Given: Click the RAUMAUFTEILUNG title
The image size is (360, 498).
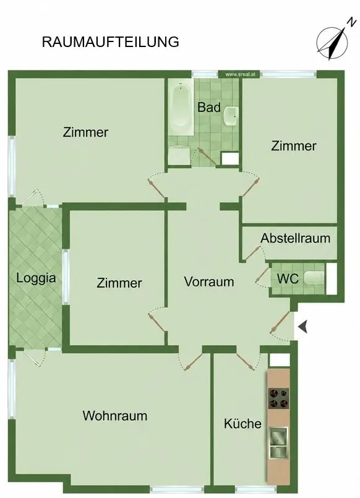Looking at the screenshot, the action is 111,42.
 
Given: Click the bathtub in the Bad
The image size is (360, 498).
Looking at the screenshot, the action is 181,108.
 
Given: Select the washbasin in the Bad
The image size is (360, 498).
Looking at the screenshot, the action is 231,116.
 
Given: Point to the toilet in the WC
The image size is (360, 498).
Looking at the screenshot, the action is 314,278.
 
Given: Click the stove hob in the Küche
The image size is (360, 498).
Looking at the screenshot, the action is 279,398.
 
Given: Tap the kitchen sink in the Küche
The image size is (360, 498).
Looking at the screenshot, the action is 278,442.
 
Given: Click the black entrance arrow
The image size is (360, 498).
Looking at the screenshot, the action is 303,327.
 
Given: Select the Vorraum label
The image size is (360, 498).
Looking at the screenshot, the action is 209,281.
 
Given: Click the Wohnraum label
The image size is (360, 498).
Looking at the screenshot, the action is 115,416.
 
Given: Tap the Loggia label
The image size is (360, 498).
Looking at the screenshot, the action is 36,278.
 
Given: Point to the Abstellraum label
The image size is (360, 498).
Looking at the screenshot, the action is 295,238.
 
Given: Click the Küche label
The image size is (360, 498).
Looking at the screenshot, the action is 242,423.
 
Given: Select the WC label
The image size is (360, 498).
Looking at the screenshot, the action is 288,278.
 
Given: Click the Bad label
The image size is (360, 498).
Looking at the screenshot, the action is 209,107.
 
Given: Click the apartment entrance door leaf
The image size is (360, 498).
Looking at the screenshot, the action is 280,322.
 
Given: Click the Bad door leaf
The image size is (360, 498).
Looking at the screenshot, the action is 207,157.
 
